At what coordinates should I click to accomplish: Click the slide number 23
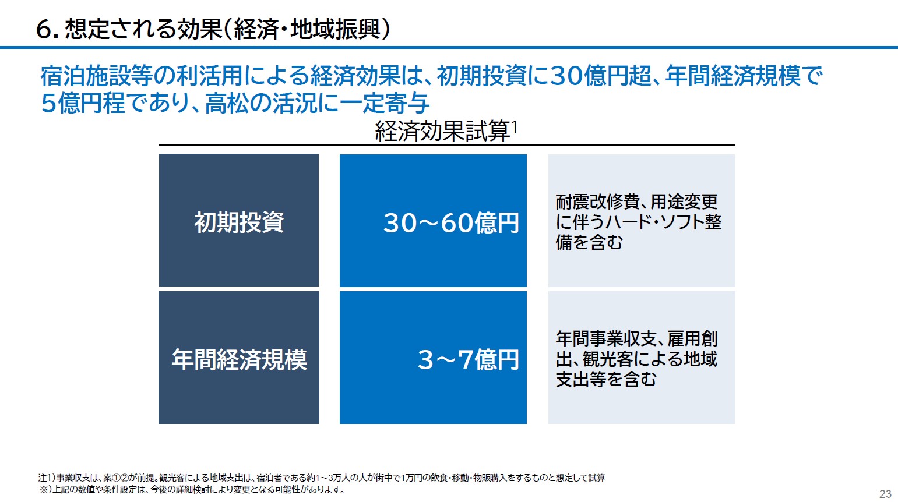(885, 494)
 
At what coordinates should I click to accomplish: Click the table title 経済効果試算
(442, 131)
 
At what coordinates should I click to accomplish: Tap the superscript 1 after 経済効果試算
(515, 128)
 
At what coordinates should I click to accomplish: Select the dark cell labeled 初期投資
(239, 220)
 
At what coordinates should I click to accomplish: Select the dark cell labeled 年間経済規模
(239, 358)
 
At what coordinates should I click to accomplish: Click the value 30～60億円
(451, 222)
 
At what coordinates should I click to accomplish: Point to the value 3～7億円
(469, 359)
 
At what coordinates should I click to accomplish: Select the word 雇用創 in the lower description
(692, 339)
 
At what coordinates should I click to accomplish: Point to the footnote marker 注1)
(47, 478)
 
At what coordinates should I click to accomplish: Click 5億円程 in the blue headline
(83, 103)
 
